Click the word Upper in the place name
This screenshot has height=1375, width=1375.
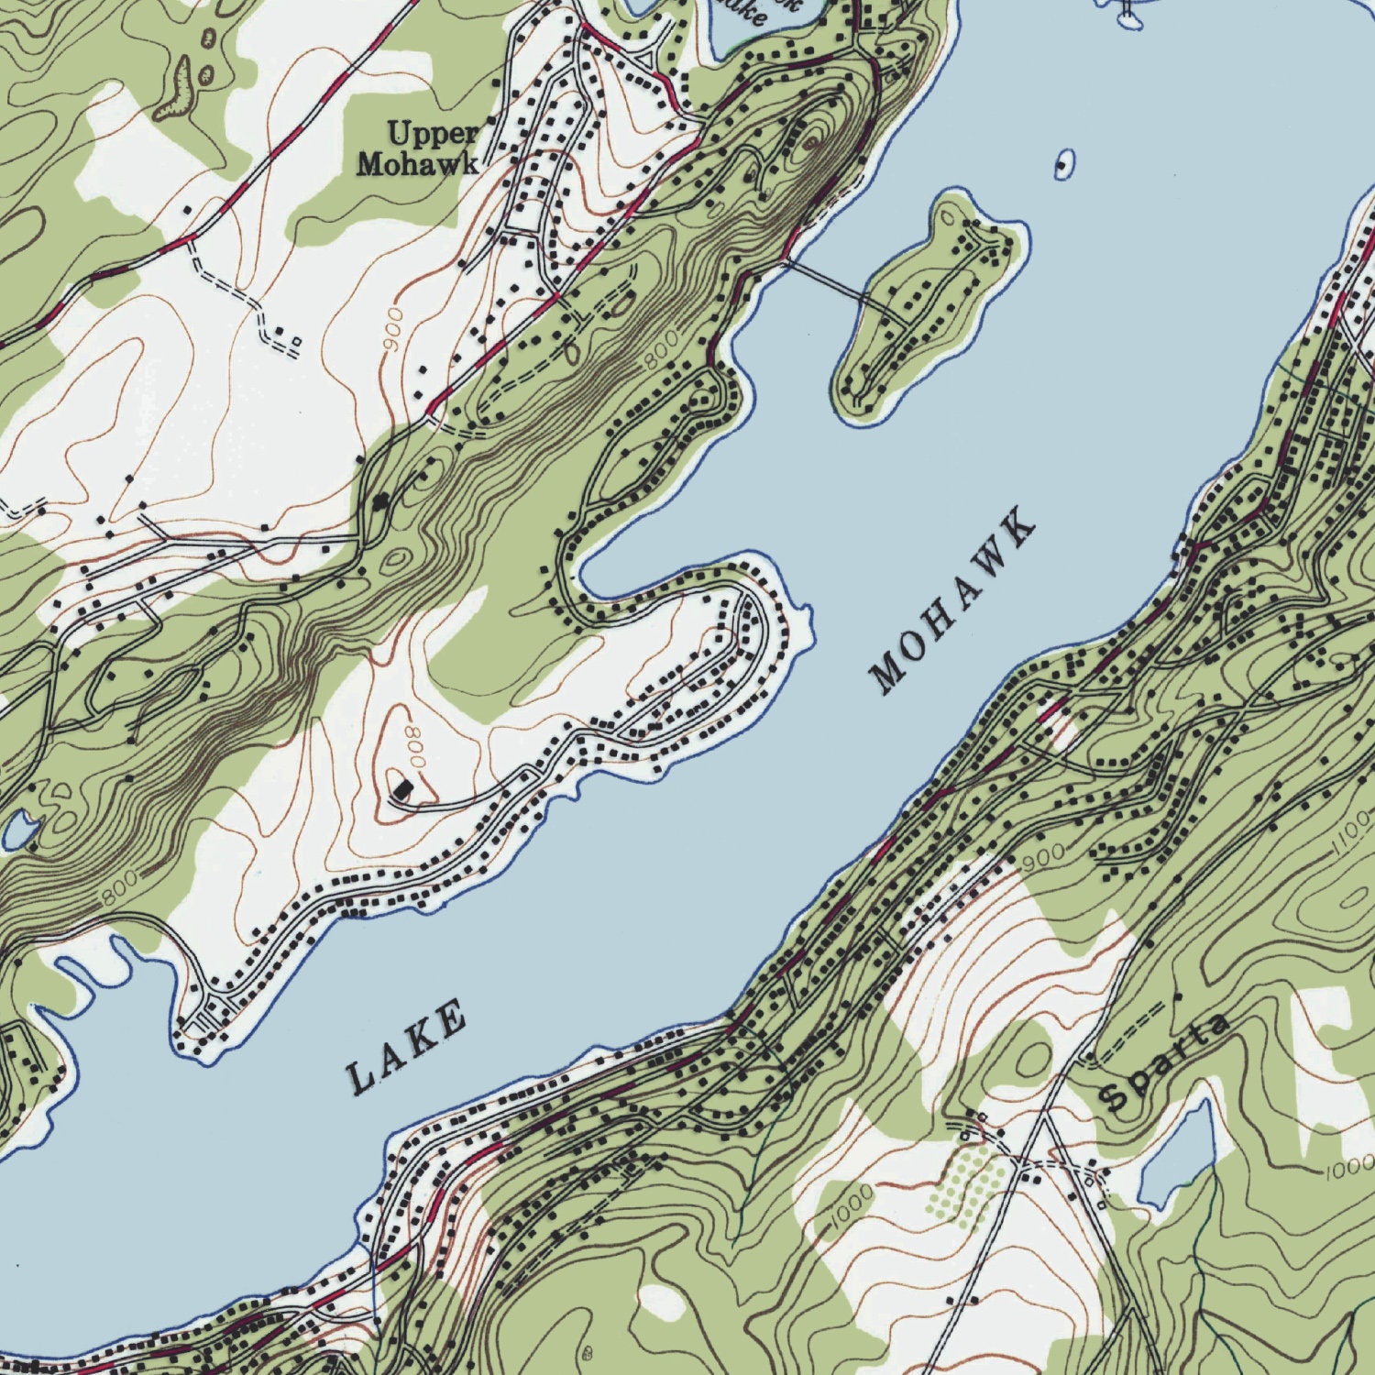click(x=432, y=134)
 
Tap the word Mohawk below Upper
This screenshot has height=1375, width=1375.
click(x=417, y=164)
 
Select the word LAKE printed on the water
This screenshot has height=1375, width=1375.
click(x=408, y=1048)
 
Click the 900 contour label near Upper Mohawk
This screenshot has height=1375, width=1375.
click(x=392, y=333)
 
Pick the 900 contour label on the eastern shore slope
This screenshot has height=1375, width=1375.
click(x=1043, y=857)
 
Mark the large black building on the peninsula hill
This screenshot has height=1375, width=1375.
click(x=403, y=788)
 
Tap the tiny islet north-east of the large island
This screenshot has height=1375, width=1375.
click(x=1061, y=165)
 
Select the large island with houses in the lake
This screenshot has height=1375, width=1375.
click(x=926, y=307)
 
